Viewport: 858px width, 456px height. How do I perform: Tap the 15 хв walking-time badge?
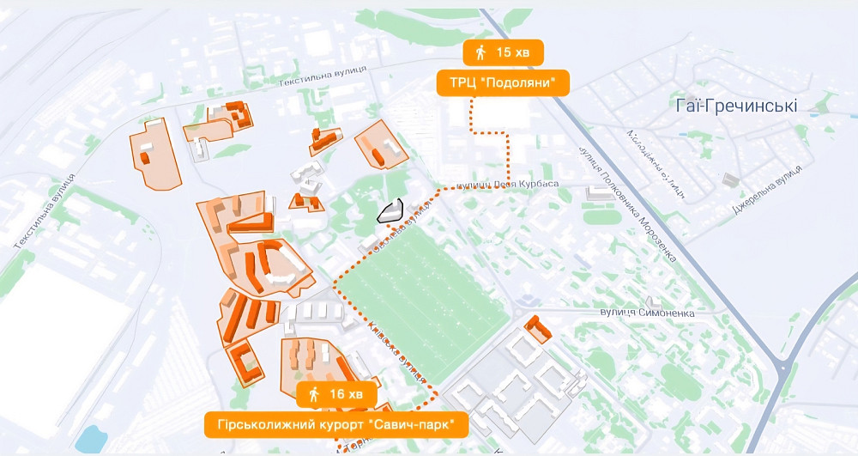pos(503,53)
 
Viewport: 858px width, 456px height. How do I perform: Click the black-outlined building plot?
pos(390,211)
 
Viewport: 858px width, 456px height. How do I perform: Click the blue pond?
pos(89,441)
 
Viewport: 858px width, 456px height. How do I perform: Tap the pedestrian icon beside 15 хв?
pos(480,53)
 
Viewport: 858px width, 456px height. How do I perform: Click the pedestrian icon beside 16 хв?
pos(314,394)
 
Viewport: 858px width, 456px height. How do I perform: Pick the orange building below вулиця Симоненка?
pos(539,329)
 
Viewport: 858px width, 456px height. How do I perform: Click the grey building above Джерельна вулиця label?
pos(731,179)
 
